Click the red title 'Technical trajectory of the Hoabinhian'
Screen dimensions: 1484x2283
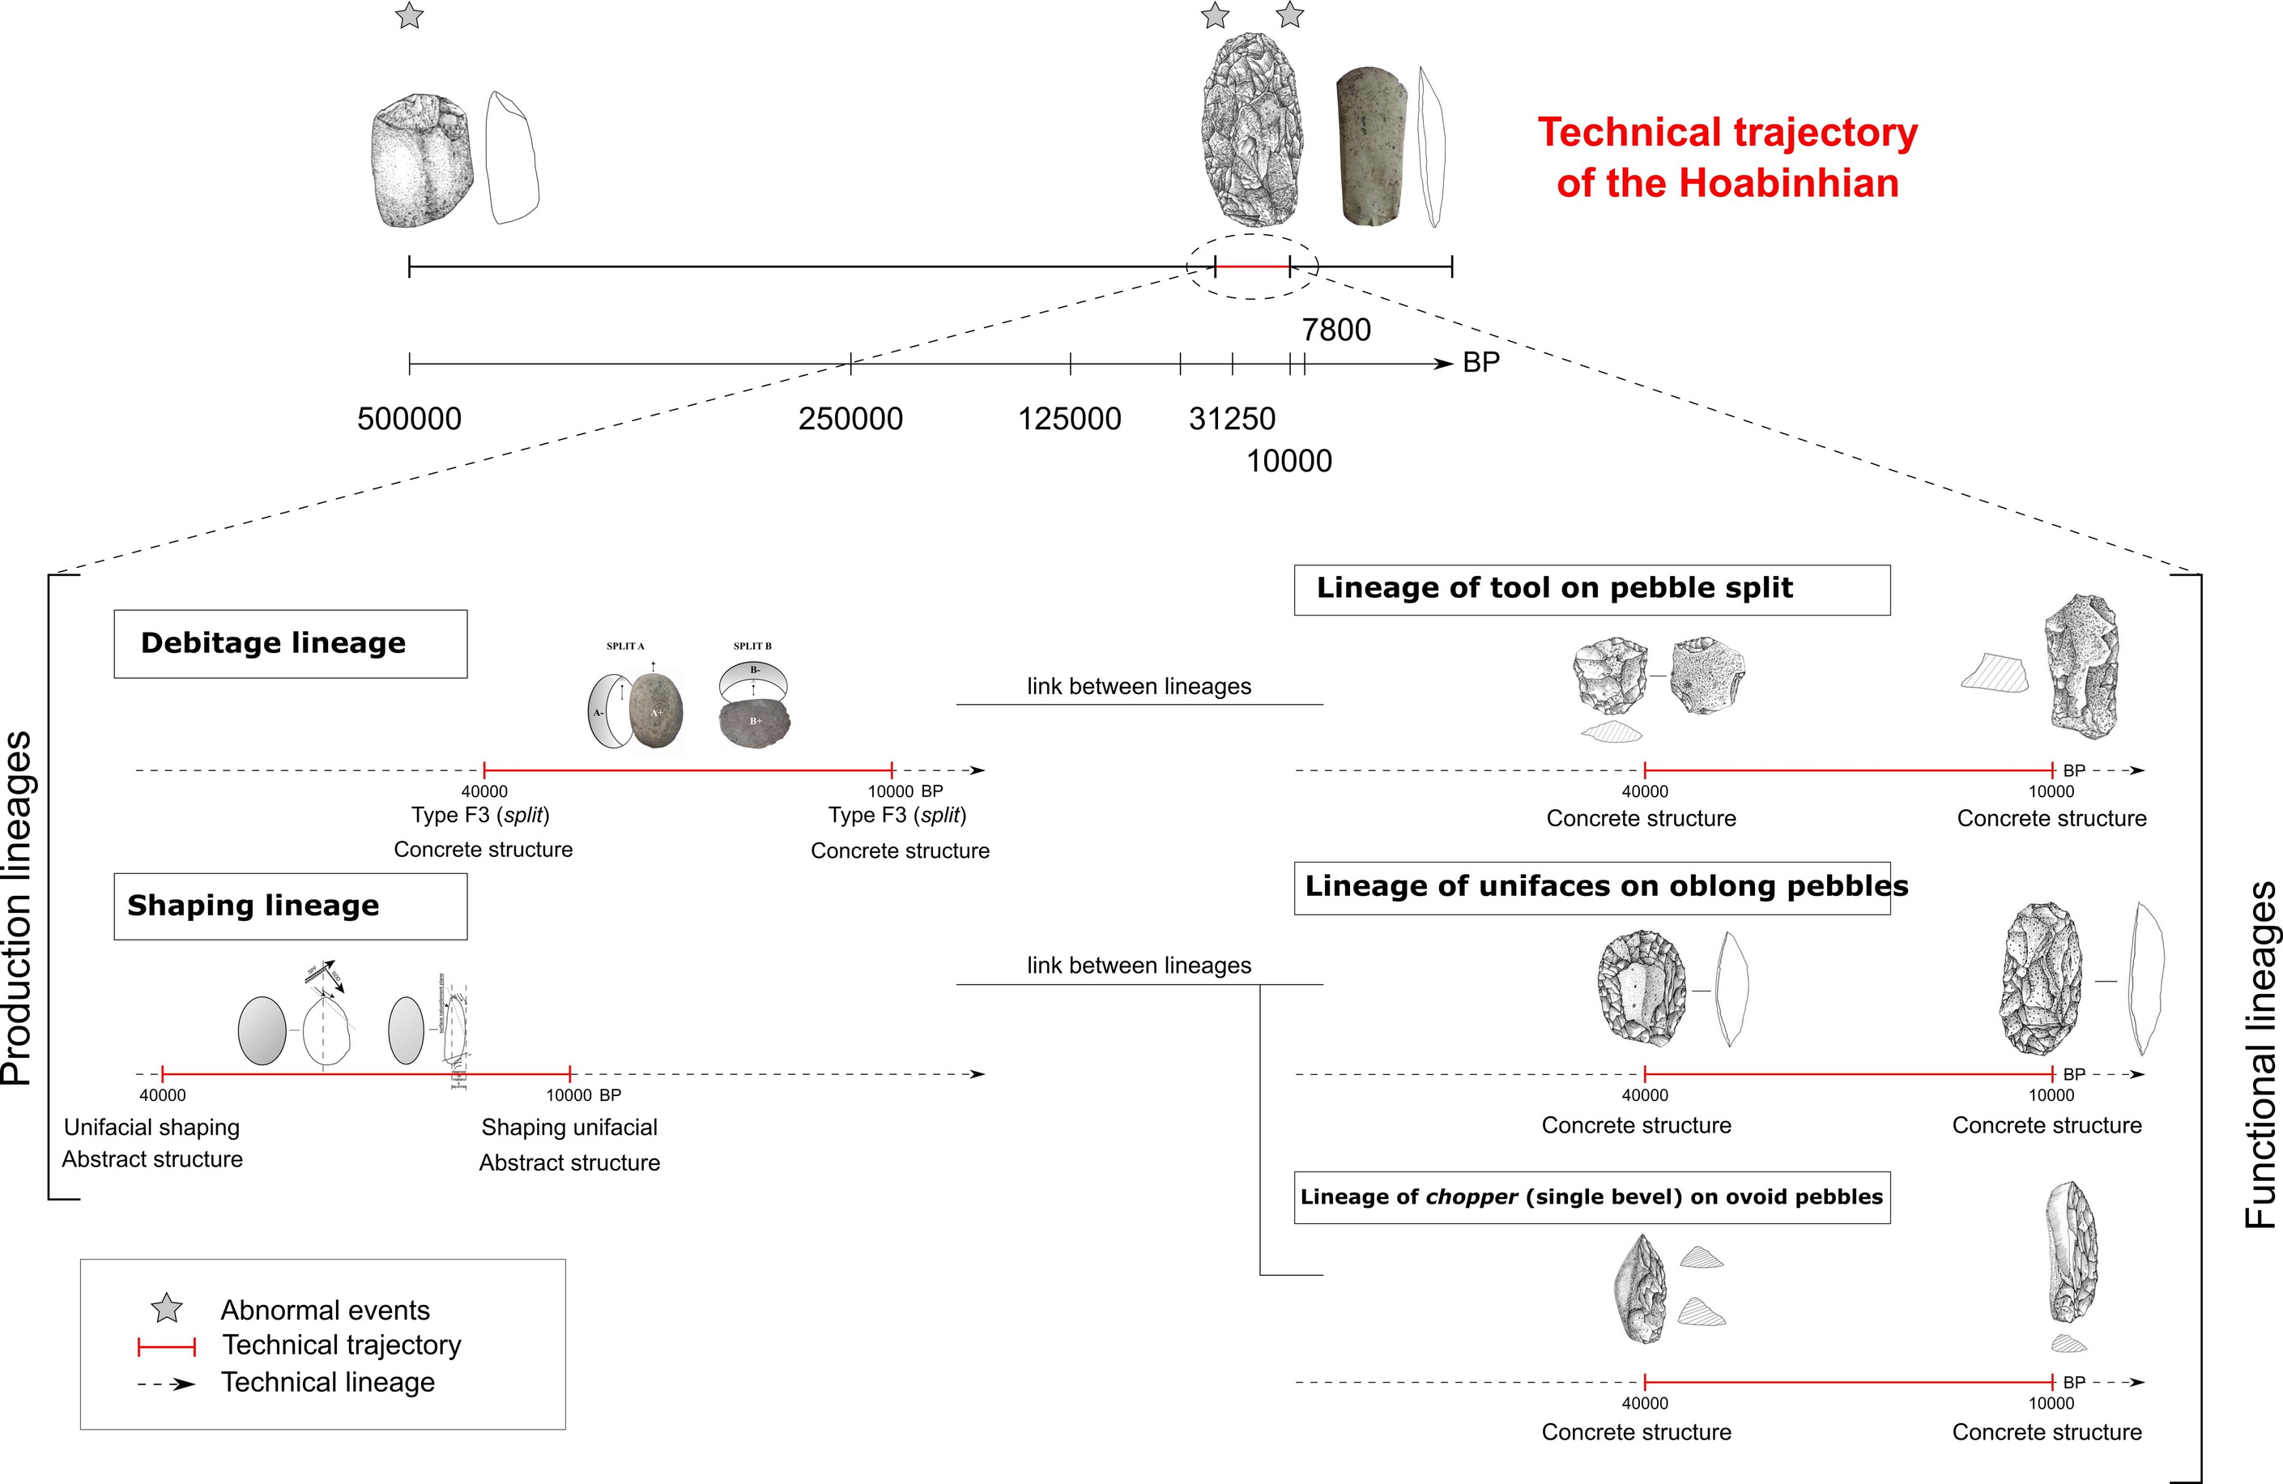coord(1727,157)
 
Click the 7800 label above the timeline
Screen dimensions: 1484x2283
coord(1336,330)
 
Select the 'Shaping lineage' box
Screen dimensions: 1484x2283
coord(290,906)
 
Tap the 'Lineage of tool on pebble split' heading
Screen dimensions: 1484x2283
coord(1591,589)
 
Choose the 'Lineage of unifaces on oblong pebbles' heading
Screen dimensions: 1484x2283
coord(1591,887)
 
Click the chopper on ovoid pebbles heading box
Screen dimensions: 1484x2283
coord(1591,1197)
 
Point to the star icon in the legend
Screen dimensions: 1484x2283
coord(167,1308)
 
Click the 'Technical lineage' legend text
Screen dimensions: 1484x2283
coord(328,1382)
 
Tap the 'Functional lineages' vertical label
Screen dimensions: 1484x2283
coord(2261,1055)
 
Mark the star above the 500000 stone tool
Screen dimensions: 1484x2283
coord(410,16)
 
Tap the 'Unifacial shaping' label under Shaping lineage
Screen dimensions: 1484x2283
coord(151,1127)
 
